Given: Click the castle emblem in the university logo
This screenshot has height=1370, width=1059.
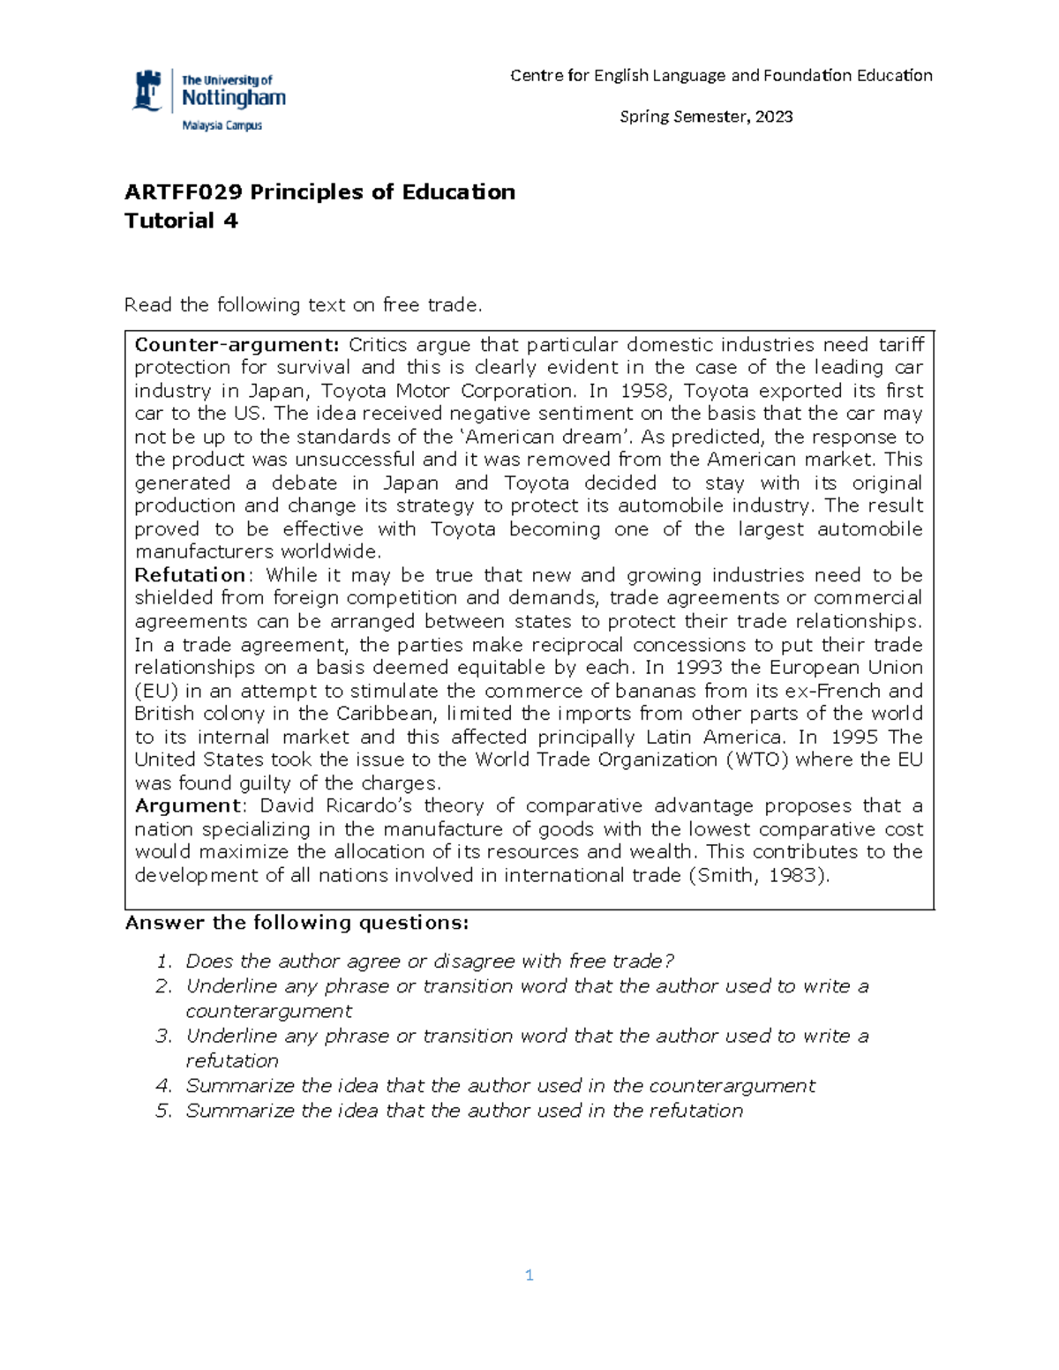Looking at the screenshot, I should point(147,91).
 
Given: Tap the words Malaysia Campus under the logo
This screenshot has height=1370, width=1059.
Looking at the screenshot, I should point(222,125).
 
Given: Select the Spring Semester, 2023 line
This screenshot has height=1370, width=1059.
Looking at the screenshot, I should point(706,116).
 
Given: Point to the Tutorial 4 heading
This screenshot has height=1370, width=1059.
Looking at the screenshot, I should point(181,221).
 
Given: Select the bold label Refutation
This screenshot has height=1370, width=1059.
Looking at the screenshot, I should point(190,575).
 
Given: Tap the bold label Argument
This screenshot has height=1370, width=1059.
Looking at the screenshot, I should point(187,805).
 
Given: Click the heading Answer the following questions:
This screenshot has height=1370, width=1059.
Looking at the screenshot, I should point(297,923).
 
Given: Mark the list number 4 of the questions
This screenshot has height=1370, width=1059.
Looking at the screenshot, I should point(162,1086).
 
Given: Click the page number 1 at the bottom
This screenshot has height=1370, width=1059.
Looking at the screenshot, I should point(529,1275).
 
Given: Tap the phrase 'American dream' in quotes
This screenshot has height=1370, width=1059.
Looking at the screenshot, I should point(545,438).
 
